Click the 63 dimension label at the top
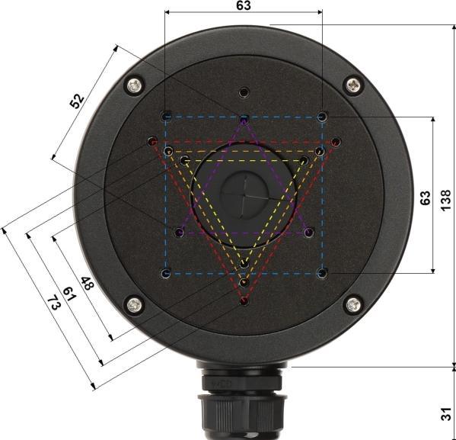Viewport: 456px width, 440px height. [244, 5]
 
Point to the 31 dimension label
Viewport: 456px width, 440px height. [446, 413]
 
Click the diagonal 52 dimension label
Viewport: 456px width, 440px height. [78, 101]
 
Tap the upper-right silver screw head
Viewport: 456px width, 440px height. [352, 85]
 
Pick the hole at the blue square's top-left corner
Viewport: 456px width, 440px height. [166, 117]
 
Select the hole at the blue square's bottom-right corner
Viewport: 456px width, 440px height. [322, 272]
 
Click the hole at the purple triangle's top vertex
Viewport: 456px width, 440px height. [244, 120]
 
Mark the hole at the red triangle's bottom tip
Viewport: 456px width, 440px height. [244, 302]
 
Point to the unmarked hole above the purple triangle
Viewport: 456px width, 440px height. [244, 92]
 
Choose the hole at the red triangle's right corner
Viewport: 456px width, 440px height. [336, 142]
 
